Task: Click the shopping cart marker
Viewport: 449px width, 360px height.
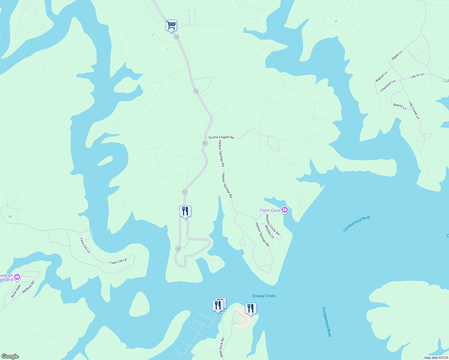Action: click(171, 25)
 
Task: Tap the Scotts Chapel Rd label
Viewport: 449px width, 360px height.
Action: click(221, 137)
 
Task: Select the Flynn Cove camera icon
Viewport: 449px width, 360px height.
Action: click(285, 210)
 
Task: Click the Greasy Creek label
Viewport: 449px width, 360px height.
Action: click(264, 296)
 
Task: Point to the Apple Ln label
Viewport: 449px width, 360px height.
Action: click(397, 55)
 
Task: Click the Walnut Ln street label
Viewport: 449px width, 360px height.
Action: click(381, 76)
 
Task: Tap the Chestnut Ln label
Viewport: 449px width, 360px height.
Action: click(388, 86)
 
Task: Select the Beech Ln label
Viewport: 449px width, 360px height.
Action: click(400, 106)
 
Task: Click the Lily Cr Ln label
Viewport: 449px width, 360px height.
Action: click(417, 76)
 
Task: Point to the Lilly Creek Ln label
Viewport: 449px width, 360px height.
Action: click(414, 110)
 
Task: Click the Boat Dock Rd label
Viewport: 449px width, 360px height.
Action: click(222, 347)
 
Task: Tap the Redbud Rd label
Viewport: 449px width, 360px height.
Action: click(28, 287)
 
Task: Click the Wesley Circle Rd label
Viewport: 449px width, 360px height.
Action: click(273, 225)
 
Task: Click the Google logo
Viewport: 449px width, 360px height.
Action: click(10, 356)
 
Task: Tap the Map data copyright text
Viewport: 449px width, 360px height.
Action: click(436, 358)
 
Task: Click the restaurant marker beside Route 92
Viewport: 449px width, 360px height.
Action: click(185, 211)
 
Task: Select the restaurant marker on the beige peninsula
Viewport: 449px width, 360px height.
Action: click(251, 308)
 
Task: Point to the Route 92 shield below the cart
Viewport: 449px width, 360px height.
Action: click(176, 37)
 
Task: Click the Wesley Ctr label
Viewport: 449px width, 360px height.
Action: click(270, 232)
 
